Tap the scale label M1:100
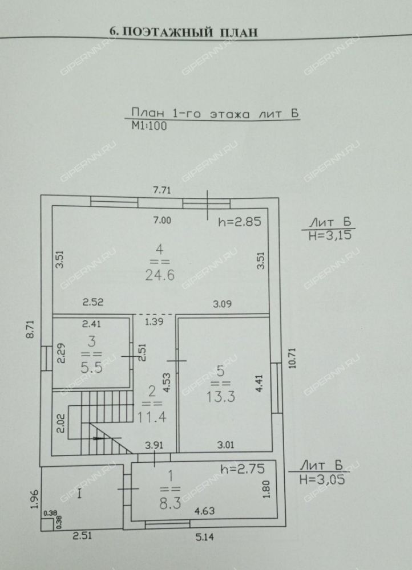point(150,126)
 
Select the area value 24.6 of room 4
point(160,275)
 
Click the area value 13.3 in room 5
point(221,397)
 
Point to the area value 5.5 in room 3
point(92,368)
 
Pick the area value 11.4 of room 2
point(152,417)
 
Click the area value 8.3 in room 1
point(170,504)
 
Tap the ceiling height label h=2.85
point(240,221)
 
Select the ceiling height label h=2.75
point(243,469)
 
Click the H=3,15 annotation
point(330,235)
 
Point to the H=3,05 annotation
point(322,479)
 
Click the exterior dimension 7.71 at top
point(162,190)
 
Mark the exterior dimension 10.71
point(292,359)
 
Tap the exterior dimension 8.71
point(30,329)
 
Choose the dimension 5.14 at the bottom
point(204,536)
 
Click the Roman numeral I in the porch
point(80,494)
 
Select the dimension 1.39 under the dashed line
point(154,321)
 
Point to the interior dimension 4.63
point(204,511)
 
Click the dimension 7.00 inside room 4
point(162,220)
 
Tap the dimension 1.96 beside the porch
point(34,500)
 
